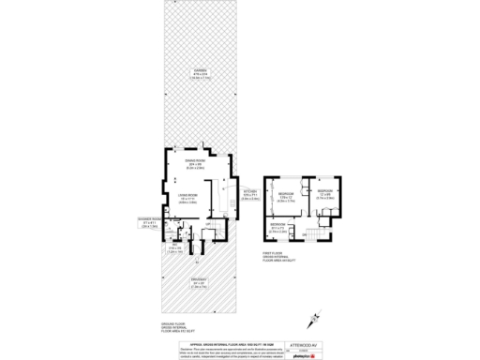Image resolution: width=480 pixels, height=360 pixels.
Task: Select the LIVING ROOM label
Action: click(187, 198)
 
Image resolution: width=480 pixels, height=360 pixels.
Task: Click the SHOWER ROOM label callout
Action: click(148, 225)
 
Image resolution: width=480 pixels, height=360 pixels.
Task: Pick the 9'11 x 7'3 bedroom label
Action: click(278, 228)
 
